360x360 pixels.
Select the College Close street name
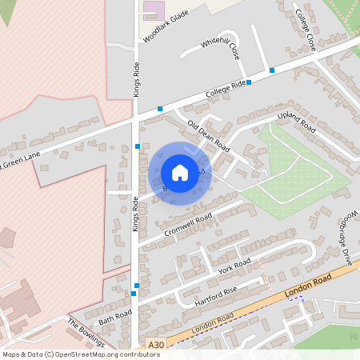[306, 31]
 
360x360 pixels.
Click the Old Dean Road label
[208, 136]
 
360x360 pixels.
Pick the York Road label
[234, 266]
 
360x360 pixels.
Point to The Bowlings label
[86, 334]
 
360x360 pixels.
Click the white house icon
[180, 173]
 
